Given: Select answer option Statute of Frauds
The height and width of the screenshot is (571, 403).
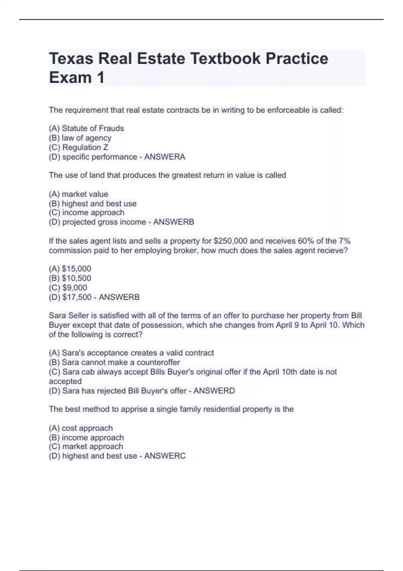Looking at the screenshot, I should click(x=93, y=128).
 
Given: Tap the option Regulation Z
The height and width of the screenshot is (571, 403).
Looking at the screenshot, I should click(x=85, y=147).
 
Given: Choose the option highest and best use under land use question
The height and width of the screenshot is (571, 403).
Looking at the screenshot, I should click(x=99, y=204).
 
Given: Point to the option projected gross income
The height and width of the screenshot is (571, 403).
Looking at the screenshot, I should click(x=104, y=222).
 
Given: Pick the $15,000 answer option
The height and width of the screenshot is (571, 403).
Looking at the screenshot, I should click(x=76, y=269).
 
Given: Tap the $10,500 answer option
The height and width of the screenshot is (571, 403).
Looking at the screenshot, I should click(x=76, y=278).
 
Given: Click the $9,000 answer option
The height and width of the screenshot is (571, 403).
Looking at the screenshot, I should click(x=75, y=288).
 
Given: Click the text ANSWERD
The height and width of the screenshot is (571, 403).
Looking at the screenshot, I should click(x=214, y=391).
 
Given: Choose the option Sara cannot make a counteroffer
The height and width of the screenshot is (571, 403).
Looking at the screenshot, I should click(x=121, y=362).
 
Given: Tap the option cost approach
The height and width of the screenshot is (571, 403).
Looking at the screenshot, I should click(x=87, y=428).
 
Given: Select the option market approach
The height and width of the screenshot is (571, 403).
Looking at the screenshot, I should click(x=92, y=446).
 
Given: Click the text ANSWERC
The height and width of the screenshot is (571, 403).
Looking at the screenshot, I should click(x=165, y=456).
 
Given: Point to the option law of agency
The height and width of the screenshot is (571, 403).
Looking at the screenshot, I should click(x=86, y=138).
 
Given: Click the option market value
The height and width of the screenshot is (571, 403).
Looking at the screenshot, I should click(x=85, y=194).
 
